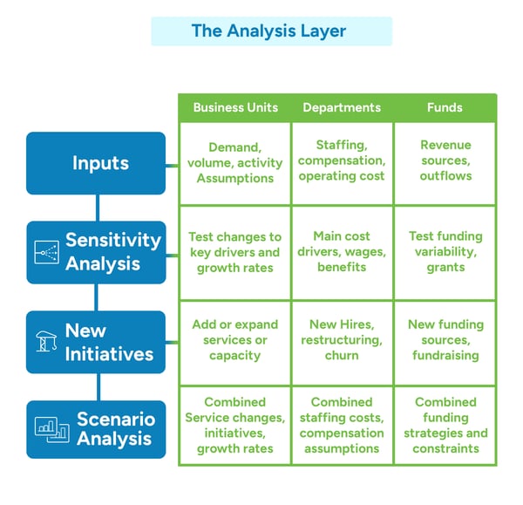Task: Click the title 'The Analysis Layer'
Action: tap(268, 31)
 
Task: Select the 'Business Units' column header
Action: tap(235, 107)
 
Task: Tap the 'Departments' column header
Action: tap(342, 107)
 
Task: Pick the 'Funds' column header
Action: tap(445, 107)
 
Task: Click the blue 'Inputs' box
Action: tap(96, 163)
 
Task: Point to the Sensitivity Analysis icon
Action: tap(45, 252)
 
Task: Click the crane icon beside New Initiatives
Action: tap(45, 342)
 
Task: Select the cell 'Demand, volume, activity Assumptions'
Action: tap(235, 163)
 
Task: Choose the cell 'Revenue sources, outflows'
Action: tap(445, 160)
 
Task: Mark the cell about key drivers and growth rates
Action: tap(235, 252)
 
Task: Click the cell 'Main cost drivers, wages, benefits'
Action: tap(342, 252)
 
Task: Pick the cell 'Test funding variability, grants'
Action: tap(445, 252)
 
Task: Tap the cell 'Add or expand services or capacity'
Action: tap(235, 340)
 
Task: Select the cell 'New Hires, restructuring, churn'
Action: tap(342, 340)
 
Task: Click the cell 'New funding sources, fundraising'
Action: tap(445, 340)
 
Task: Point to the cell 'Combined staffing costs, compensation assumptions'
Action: tap(342, 426)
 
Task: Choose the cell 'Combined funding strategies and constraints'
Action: tap(445, 426)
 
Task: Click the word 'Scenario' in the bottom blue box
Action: tap(115, 419)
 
